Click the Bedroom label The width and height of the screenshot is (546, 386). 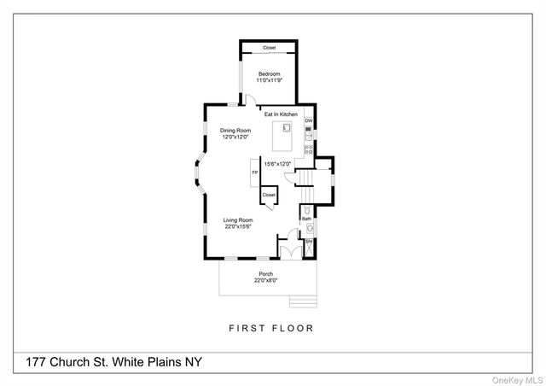pos(270,73)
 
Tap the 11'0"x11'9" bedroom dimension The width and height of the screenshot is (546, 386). pos(270,80)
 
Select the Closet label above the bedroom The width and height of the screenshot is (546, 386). pos(270,48)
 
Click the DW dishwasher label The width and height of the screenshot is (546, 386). pos(309,121)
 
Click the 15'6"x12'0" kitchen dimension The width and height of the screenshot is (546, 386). pos(277,165)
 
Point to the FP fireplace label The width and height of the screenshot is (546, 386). pos(253,173)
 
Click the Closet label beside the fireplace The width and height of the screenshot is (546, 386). pos(269,195)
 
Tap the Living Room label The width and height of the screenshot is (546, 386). pos(239,219)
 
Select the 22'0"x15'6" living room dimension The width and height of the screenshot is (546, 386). pos(239,226)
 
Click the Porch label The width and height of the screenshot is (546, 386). pos(266,273)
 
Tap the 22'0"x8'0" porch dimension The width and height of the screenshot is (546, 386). pos(266,280)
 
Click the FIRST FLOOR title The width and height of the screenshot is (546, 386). pos(271,328)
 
